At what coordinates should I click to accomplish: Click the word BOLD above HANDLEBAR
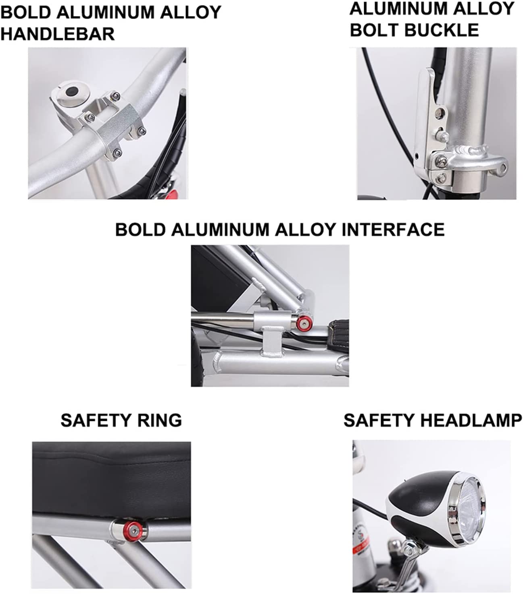(x=26, y=12)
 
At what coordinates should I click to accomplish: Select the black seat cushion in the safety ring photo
(x=112, y=481)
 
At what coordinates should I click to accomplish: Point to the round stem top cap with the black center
(x=72, y=92)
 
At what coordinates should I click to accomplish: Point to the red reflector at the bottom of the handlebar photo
(x=173, y=194)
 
